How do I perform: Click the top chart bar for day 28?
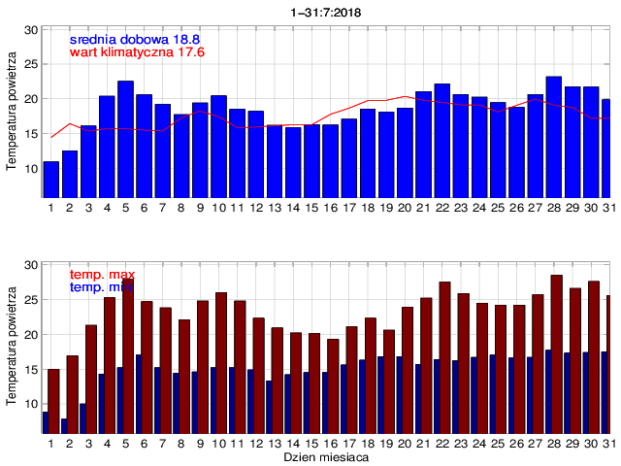point(553,137)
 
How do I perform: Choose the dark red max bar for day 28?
point(557,353)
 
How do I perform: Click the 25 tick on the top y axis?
point(31,64)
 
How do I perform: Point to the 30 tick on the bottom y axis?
point(31,265)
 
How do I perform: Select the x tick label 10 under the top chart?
point(218,207)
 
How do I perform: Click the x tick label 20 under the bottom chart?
point(406,443)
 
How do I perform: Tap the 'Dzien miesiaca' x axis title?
point(325,455)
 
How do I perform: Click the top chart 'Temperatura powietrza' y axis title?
point(11,112)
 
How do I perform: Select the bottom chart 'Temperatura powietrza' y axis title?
point(11,348)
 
